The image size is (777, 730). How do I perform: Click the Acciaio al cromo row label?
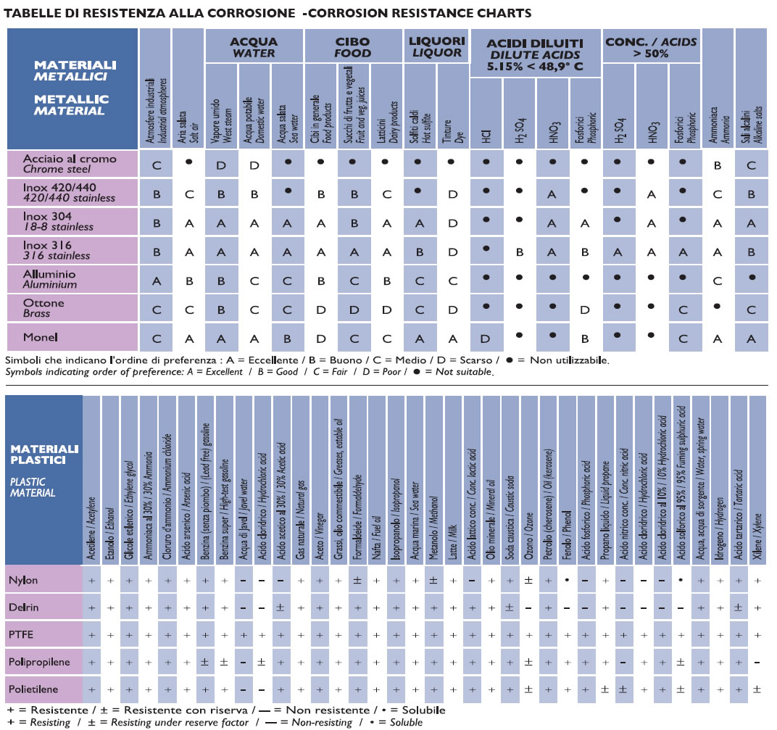click(70, 164)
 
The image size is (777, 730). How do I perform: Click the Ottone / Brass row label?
click(44, 307)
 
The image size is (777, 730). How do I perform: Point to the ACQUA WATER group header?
click(253, 46)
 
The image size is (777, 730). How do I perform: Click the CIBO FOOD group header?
click(352, 46)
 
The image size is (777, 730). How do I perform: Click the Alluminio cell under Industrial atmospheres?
click(156, 281)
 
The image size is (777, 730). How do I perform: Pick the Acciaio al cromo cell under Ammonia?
click(717, 165)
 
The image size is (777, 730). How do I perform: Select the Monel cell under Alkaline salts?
click(752, 338)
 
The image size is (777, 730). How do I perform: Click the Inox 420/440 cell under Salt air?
click(189, 194)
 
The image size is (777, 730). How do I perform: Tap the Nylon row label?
click(23, 580)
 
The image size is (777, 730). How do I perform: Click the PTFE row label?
click(22, 634)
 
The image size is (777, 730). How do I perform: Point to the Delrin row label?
click(22, 607)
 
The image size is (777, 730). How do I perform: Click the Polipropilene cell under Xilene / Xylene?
click(757, 662)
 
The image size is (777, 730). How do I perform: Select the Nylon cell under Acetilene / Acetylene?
click(92, 580)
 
